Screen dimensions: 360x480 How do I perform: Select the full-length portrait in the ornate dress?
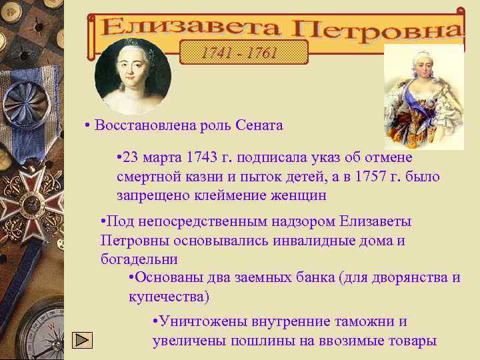coord(423,97)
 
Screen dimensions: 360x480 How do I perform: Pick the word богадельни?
coord(139,258)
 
